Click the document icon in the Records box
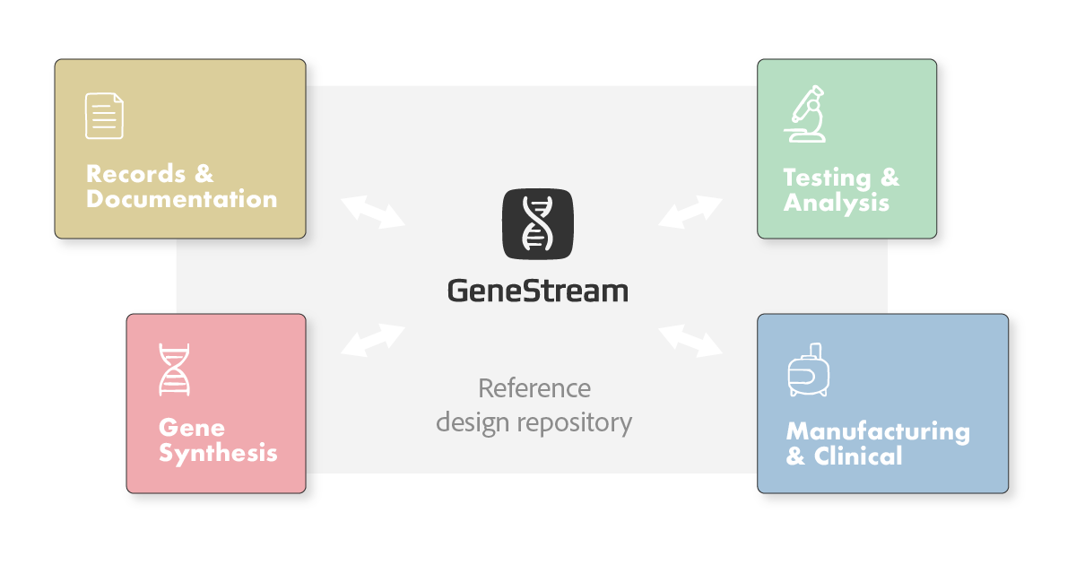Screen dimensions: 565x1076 coord(104,116)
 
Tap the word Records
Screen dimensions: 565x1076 coord(137,173)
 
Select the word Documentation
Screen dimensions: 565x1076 coord(182,199)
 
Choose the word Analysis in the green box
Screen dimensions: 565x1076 coord(836,204)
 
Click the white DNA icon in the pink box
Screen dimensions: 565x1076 coord(174,369)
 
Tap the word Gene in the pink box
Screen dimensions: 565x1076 coord(192,428)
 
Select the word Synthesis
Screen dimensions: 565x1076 coord(218,453)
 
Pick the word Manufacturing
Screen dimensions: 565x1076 coord(878,431)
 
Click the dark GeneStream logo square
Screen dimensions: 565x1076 coord(538,222)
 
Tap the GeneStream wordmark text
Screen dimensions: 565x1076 coord(538,291)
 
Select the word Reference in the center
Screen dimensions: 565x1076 coord(534,388)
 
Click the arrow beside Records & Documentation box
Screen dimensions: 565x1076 coord(374,210)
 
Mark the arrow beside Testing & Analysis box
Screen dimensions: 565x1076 coord(690,212)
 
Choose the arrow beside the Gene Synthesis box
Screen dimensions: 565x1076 coord(373,340)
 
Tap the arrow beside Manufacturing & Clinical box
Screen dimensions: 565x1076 coord(690,340)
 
